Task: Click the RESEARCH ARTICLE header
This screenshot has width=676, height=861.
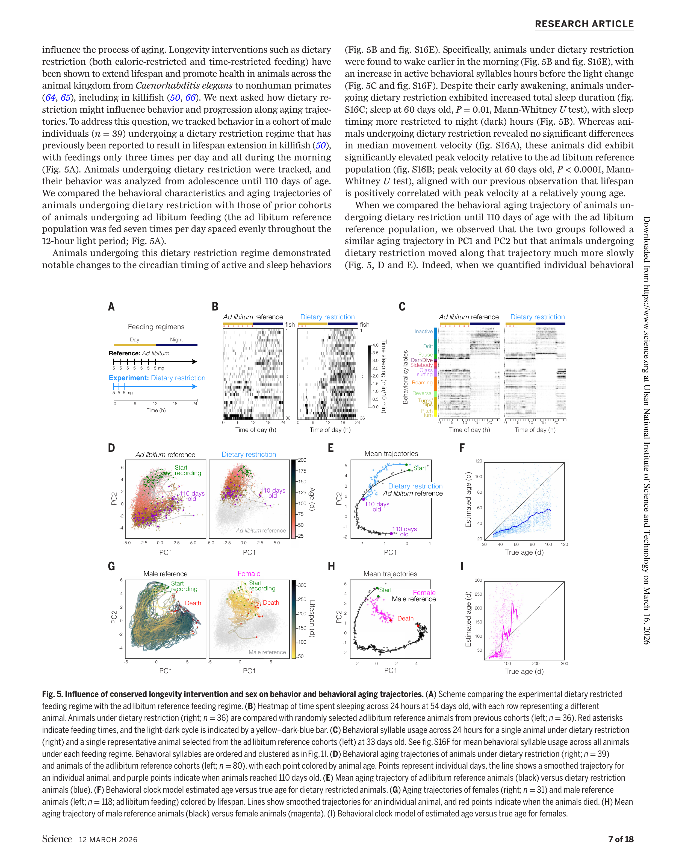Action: pyautogui.click(x=584, y=24)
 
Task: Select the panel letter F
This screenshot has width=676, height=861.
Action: pyautogui.click(x=462, y=448)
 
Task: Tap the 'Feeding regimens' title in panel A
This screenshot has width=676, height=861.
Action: pyautogui.click(x=156, y=327)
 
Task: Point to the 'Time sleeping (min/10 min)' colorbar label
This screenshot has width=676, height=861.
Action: pyautogui.click(x=383, y=376)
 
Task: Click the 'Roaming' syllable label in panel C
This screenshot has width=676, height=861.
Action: pyautogui.click(x=422, y=383)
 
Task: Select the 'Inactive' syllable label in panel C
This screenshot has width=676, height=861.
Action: pyautogui.click(x=423, y=332)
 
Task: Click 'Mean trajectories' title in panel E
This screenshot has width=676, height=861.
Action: pyautogui.click(x=391, y=454)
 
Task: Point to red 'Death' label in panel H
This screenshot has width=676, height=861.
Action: pyautogui.click(x=405, y=618)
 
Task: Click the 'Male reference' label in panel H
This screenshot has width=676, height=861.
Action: pyautogui.click(x=414, y=599)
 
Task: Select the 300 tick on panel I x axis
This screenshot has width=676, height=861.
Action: pyautogui.click(x=564, y=663)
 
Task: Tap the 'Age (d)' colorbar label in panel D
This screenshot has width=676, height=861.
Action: pyautogui.click(x=312, y=499)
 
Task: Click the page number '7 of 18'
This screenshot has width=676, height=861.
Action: pyautogui.click(x=621, y=839)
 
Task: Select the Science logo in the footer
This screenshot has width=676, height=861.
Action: pyautogui.click(x=57, y=839)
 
